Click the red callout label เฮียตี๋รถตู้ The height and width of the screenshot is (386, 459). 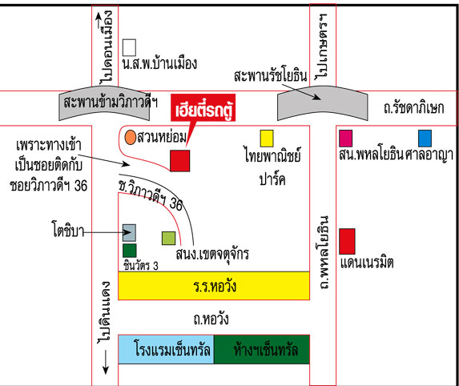(x=203, y=107)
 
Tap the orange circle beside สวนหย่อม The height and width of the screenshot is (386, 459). (x=131, y=137)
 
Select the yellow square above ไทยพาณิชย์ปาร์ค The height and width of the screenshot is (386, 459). (x=267, y=139)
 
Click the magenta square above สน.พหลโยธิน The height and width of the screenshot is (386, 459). (x=345, y=139)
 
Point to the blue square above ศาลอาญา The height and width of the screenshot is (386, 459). (x=425, y=139)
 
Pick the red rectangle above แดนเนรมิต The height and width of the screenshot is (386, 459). (x=347, y=241)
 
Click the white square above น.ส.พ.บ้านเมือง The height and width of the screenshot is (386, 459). (x=129, y=47)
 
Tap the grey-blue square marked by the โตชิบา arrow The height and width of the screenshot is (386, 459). (x=129, y=233)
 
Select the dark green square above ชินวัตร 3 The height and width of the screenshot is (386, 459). (x=130, y=251)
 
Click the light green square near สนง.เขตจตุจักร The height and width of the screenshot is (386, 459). (x=168, y=238)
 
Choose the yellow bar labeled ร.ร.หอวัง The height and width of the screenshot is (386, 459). (x=214, y=286)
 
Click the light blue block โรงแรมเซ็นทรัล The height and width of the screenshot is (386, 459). (x=167, y=349)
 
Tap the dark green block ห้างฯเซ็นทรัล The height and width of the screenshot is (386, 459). (x=262, y=349)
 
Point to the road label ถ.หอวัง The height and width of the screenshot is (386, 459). (x=211, y=319)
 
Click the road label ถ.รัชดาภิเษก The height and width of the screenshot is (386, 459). (x=413, y=107)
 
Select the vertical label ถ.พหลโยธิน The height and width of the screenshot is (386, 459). (x=324, y=252)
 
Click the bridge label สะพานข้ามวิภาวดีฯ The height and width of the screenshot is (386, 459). (x=111, y=103)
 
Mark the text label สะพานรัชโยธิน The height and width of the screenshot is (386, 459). (x=270, y=76)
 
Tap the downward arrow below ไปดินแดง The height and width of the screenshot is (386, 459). (x=106, y=362)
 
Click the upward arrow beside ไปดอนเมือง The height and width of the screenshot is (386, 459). (x=99, y=20)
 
